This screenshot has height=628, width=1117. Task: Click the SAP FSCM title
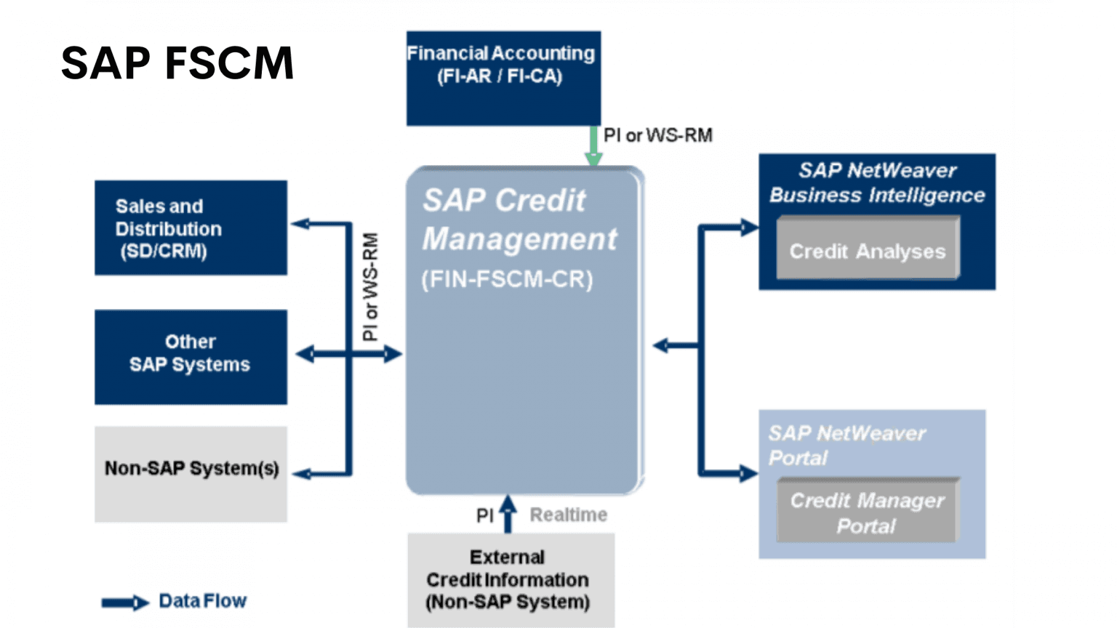pos(177,63)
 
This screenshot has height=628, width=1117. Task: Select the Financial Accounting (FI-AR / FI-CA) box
pos(503,78)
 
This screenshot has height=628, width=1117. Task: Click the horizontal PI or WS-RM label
pos(657,136)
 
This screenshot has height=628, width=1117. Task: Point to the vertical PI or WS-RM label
pos(370,286)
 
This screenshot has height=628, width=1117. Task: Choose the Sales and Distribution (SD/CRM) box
pos(191,228)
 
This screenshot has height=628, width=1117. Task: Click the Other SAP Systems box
pos(191,357)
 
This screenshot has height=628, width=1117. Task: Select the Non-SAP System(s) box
pos(191,473)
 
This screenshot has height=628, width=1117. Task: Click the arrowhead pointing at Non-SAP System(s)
pos(302,474)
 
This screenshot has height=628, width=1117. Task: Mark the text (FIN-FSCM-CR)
pos(507,279)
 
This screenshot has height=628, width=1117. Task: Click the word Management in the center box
pos(519,239)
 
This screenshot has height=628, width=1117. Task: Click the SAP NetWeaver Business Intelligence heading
pos(876,183)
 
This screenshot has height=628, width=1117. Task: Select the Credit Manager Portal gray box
pos(868,512)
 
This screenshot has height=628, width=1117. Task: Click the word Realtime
pos(568,515)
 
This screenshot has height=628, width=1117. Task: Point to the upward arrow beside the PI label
pos(508,512)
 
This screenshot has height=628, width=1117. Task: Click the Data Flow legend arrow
pos(124,602)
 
